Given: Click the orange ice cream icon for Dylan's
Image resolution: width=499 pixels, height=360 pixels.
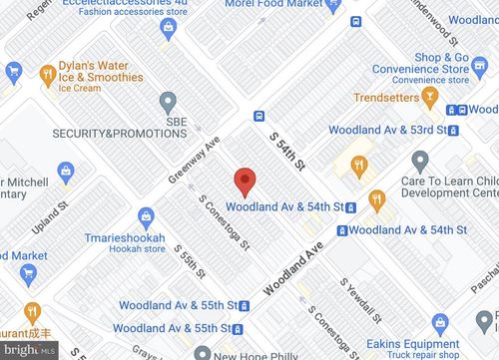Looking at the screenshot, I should point(46,72).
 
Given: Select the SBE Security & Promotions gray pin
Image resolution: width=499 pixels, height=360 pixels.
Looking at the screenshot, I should point(168,102).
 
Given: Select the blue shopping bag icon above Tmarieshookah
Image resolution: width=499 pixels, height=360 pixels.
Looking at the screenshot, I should point(146,214).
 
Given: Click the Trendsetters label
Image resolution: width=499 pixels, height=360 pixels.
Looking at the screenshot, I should point(387,97).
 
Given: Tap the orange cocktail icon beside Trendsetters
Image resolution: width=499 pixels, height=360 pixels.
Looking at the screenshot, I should point(430,97).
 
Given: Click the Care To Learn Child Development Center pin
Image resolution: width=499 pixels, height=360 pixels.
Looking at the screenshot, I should point(420,161).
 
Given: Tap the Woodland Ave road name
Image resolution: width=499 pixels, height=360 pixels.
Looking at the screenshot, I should point(296,270).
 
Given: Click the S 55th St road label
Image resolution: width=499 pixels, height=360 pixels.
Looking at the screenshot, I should point(190,261).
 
